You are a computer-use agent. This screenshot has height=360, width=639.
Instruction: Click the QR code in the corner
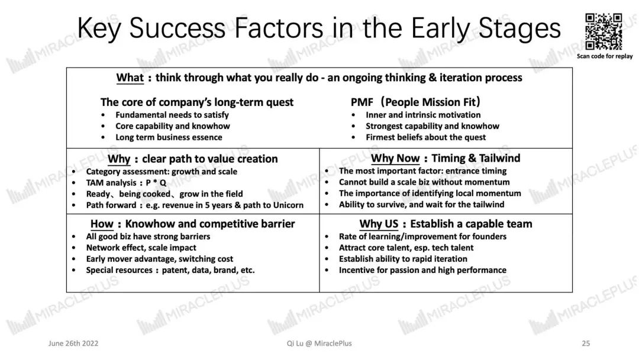(603, 31)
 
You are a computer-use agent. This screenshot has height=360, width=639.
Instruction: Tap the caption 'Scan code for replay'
(604, 56)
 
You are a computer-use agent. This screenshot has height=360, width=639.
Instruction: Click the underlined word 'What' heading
(130, 78)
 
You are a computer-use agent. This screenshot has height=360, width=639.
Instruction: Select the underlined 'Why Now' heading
(395, 158)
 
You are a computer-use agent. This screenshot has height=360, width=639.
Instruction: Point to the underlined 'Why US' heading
(379, 224)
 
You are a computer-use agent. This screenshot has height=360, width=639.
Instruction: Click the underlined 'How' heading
(102, 224)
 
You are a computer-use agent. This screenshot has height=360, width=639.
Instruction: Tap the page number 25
(586, 343)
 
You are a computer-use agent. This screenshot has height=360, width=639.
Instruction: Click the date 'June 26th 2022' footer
(73, 343)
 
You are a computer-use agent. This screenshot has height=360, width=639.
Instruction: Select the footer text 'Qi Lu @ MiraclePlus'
(319, 343)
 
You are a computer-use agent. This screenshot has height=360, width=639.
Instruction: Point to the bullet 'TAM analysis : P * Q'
(126, 182)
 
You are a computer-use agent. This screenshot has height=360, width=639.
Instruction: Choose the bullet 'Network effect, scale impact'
(141, 247)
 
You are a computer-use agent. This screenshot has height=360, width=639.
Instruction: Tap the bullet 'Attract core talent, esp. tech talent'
(406, 247)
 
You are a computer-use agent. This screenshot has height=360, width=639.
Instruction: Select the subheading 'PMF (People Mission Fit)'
(416, 102)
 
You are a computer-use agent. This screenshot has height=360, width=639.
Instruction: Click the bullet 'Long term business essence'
(169, 137)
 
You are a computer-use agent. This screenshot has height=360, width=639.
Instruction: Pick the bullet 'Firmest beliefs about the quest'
(426, 137)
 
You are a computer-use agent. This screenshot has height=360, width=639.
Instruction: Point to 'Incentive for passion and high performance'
(422, 270)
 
